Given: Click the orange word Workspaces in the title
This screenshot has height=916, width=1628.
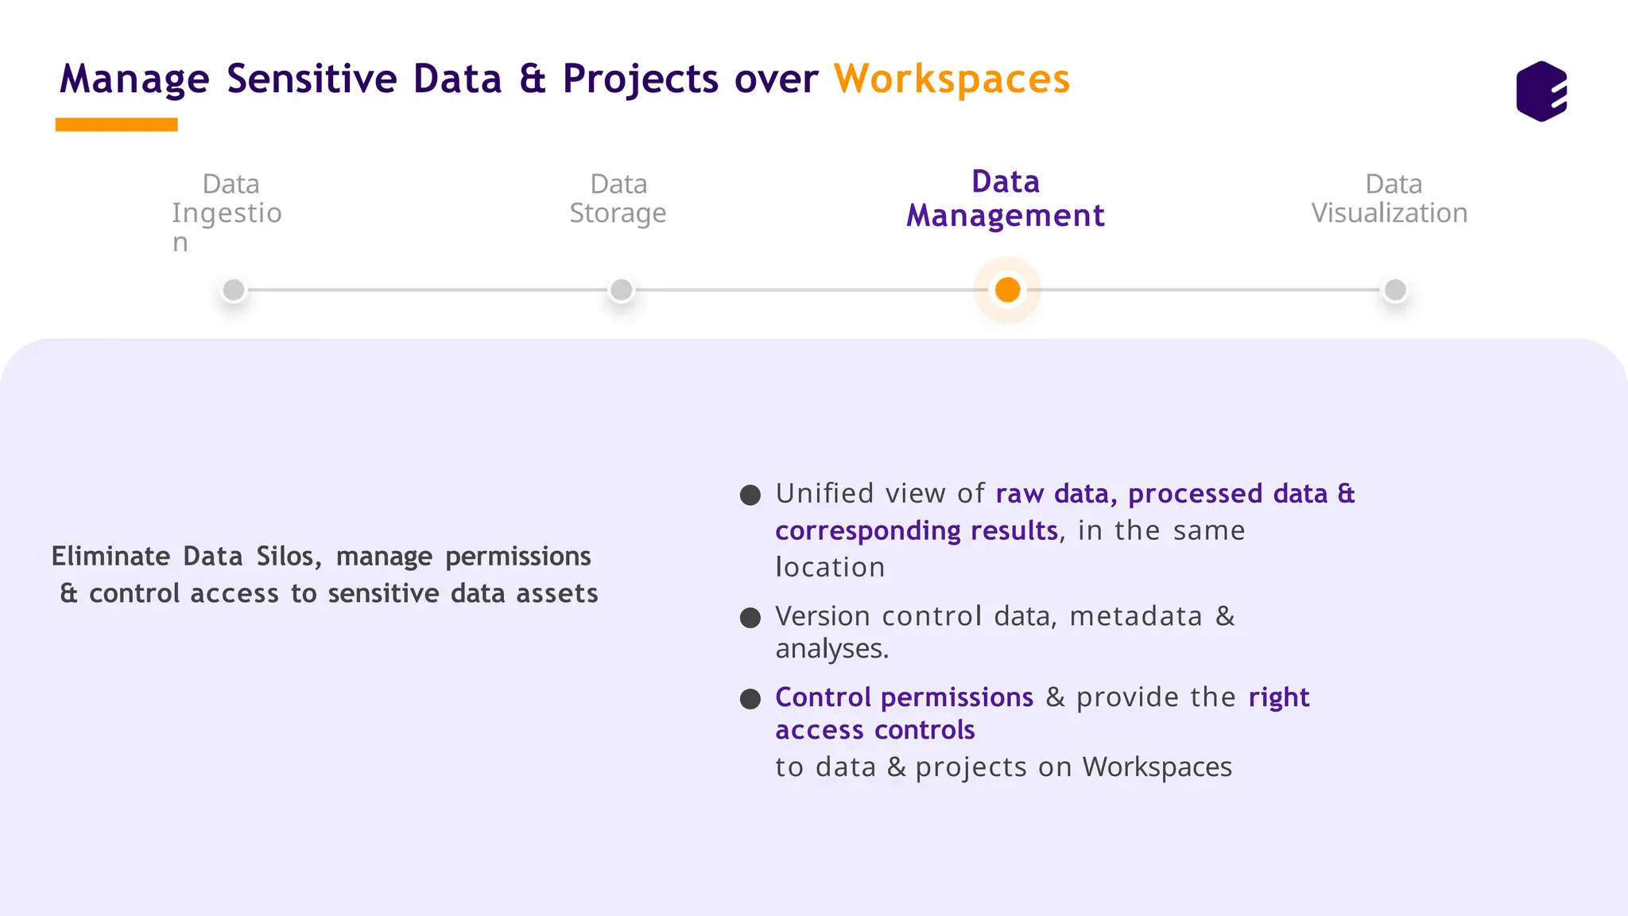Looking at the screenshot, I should tap(952, 80).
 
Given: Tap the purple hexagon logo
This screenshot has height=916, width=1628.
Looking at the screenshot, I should tap(1541, 91).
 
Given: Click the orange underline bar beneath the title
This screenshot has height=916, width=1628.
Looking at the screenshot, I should tap(116, 125).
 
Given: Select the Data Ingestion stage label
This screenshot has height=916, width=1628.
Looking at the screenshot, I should tap(227, 212).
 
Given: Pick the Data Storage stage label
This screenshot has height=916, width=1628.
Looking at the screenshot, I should tap(618, 199).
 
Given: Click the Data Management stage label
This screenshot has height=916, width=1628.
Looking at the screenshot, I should tap(1006, 199).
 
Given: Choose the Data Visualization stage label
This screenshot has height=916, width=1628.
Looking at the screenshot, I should tap(1390, 199).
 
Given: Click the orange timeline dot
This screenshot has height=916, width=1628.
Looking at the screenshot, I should tap(1007, 290).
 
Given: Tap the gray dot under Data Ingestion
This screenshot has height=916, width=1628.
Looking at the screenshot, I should tap(234, 290).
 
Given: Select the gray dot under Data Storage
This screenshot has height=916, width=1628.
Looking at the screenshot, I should tap(621, 290).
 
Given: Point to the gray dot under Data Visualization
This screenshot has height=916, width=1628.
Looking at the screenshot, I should tap(1395, 290).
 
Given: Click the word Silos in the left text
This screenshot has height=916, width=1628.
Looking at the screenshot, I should tap(289, 556).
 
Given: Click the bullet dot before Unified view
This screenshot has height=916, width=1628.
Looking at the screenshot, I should tap(750, 495).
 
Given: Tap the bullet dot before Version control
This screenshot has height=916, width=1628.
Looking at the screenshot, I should tap(750, 618).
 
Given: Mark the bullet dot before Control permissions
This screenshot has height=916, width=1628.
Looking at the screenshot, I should tap(750, 699).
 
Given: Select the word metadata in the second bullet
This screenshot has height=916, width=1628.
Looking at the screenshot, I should tap(1135, 616).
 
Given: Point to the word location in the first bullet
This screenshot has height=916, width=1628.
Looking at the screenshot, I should tap(830, 567).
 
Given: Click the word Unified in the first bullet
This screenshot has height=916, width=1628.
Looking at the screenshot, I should tap(825, 494).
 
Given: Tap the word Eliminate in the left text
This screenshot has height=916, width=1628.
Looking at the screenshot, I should tap(110, 556).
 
